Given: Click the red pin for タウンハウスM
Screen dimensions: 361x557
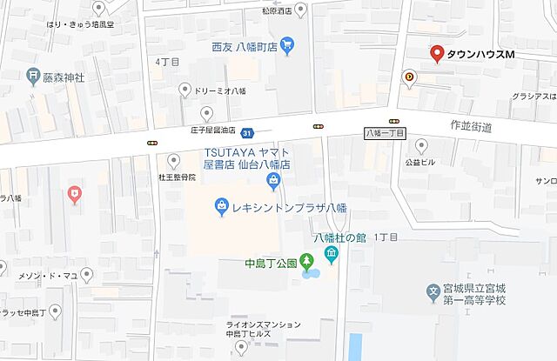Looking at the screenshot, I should (437, 52).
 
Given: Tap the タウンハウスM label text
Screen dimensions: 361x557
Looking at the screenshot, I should (481, 55).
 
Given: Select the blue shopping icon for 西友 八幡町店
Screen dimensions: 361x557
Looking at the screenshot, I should (288, 44).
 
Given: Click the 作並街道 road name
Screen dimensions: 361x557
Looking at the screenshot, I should (473, 127).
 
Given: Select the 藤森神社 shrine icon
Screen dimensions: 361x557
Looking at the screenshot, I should (33, 77).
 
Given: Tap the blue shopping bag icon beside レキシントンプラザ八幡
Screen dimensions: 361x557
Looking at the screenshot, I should (222, 206).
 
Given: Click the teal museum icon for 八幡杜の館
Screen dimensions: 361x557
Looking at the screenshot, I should (331, 254).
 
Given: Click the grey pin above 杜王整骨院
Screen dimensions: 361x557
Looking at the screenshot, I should (173, 160).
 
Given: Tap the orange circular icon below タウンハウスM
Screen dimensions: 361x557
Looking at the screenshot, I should (409, 78).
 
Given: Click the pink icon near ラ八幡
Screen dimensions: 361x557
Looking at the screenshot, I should (74, 193).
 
